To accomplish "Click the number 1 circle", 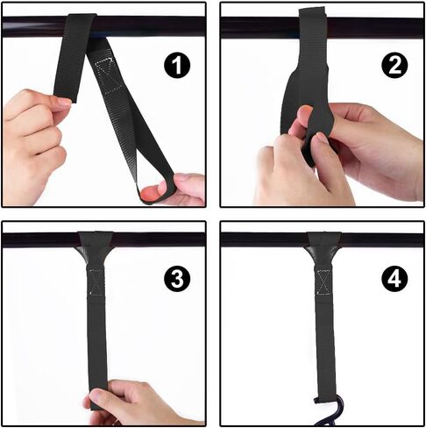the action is point(177,66).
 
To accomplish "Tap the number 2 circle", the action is point(395,66).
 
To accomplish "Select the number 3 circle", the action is point(177,278).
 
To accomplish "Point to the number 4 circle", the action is point(395,279).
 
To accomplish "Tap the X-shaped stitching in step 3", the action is point(96,282).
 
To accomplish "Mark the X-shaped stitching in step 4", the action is point(323,282).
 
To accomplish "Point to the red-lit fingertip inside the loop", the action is point(150,192).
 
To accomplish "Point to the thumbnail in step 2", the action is point(323,137).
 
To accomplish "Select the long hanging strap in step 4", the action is point(325,333).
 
